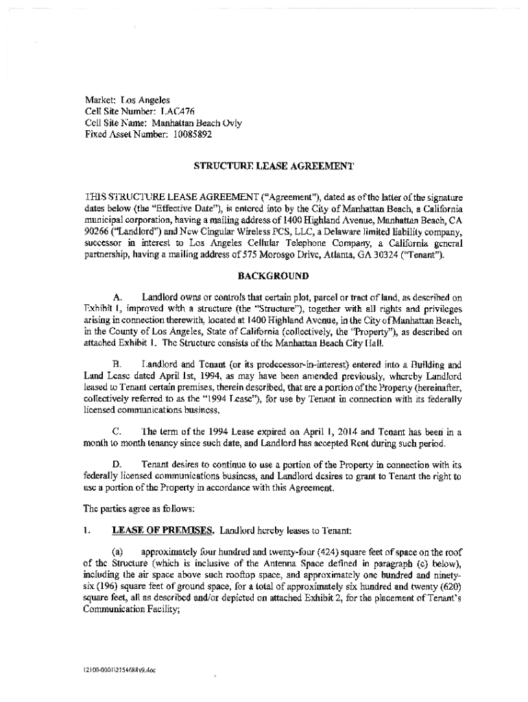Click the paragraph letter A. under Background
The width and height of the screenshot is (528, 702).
click(x=117, y=298)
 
